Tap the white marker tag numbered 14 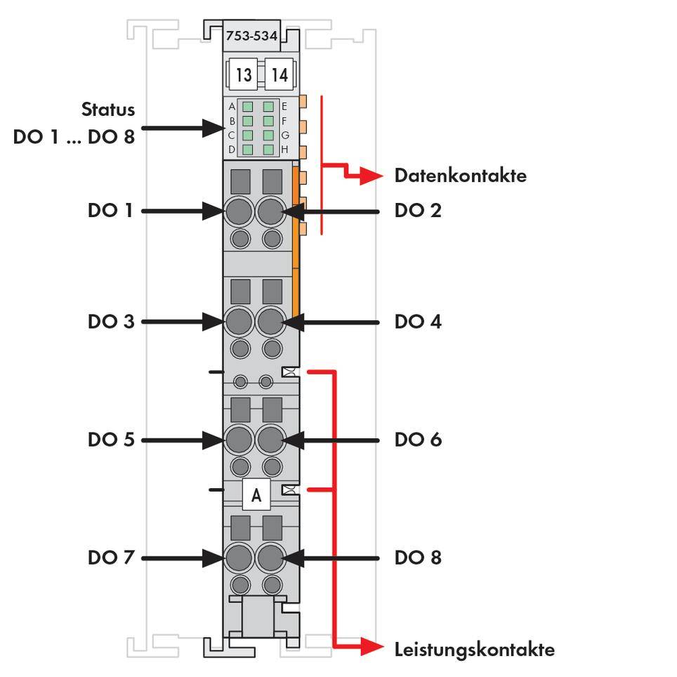(280, 74)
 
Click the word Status (108, 110)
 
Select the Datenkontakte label (460, 176)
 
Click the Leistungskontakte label (474, 649)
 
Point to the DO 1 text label (110, 210)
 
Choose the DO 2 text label (418, 210)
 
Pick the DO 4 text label (418, 322)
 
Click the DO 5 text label (110, 440)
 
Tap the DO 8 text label (418, 558)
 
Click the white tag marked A (256, 495)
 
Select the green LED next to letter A (248, 107)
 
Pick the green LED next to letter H (268, 149)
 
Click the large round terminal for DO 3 (239, 322)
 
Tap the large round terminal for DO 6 (270, 440)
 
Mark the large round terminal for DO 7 (239, 558)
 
